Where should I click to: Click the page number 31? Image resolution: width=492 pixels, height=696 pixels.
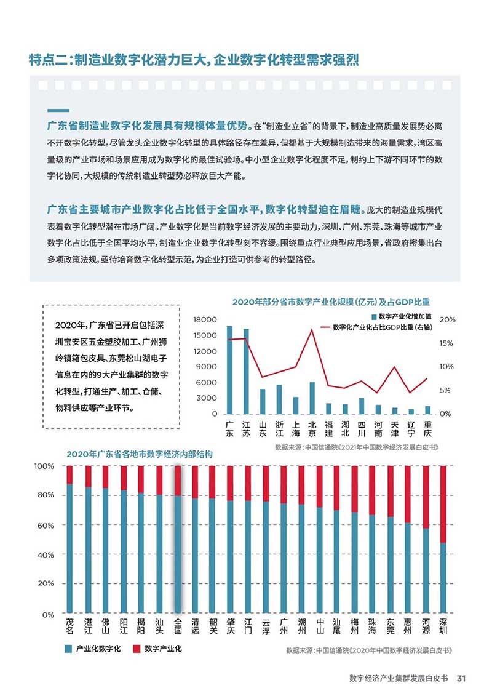point(461,678)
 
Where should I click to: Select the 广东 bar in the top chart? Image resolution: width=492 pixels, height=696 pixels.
point(229,370)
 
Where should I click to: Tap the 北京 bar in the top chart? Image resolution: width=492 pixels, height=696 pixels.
point(312,398)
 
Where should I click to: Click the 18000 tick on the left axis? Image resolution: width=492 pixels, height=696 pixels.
point(205,319)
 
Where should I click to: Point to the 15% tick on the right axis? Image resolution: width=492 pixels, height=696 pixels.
point(446,343)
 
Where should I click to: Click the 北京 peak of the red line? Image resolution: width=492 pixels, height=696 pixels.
point(312,329)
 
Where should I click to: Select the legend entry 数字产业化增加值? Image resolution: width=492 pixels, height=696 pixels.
point(402,316)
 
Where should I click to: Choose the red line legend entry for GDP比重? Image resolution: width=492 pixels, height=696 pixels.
point(376,327)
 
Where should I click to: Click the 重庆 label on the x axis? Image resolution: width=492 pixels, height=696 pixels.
point(427,429)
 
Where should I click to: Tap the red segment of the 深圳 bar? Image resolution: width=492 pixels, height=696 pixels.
point(443,504)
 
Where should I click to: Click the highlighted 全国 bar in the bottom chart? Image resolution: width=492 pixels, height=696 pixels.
point(178,539)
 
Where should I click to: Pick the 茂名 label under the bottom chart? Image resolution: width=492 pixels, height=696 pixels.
point(70,626)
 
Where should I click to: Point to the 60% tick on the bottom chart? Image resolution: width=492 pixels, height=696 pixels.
point(46,525)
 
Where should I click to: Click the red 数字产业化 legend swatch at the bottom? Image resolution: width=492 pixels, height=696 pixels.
point(137,649)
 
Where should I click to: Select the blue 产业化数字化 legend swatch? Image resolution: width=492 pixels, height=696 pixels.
point(68,649)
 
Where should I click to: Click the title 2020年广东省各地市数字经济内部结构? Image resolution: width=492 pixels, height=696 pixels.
point(140,454)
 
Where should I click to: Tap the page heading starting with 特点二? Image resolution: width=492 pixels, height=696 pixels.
point(194,60)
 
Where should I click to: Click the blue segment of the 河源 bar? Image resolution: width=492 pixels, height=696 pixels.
point(426,570)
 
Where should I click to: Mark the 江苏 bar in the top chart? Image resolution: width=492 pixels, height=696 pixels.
point(246,371)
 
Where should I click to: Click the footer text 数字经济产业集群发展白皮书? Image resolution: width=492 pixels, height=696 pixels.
point(399,678)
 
